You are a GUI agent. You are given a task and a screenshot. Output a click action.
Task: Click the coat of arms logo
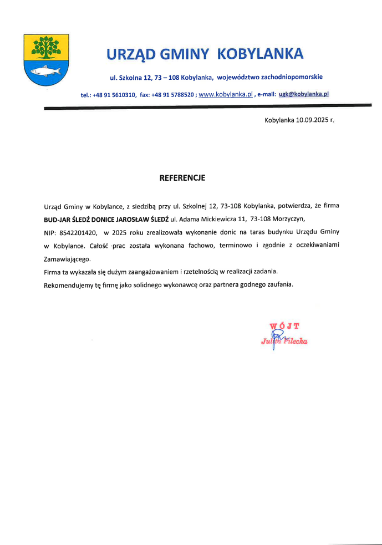[46, 60]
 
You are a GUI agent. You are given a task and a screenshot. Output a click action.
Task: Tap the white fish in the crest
[45, 71]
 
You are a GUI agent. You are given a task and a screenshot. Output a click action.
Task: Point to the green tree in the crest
[46, 47]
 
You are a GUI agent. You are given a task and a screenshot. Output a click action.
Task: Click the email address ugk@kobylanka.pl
[304, 95]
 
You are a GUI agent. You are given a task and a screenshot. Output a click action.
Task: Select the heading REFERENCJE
[182, 179]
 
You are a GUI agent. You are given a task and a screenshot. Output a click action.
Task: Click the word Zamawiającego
[66, 259]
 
